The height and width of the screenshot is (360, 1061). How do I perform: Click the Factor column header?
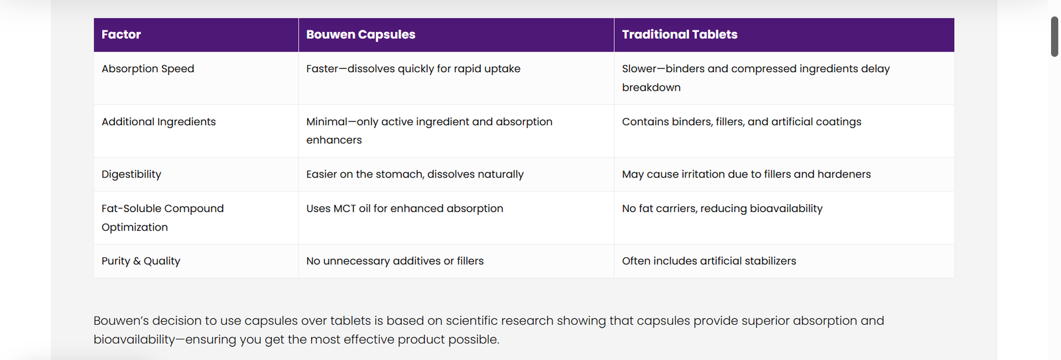121,34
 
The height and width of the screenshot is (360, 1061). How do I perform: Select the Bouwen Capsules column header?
361,34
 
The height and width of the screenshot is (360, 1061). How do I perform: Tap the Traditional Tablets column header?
679,34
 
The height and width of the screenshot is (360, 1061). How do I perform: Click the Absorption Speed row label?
148,69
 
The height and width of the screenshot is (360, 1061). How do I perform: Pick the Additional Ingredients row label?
158,122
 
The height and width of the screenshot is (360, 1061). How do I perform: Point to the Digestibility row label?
131,174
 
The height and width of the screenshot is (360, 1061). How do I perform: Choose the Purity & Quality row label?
141,261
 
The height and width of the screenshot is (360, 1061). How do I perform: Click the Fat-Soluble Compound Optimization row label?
162,218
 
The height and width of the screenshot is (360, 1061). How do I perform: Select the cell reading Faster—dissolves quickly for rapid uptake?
413,69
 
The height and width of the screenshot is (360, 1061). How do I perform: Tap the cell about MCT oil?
405,208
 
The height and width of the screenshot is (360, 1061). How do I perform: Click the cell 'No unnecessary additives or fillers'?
395,261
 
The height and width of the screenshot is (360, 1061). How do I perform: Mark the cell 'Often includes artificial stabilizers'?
709,261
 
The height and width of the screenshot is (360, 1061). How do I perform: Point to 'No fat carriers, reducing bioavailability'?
722,208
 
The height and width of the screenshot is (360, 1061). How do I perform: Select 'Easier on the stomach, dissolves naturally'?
415,174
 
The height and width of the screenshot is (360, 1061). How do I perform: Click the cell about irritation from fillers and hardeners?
746,174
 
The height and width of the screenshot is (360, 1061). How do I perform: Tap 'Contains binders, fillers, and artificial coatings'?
741,122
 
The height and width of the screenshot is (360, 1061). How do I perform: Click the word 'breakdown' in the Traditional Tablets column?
651,88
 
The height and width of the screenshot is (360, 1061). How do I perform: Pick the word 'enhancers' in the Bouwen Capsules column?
334,140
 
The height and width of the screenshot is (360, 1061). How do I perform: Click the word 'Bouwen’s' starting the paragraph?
121,321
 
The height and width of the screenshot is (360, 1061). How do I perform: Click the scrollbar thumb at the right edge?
1054,36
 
